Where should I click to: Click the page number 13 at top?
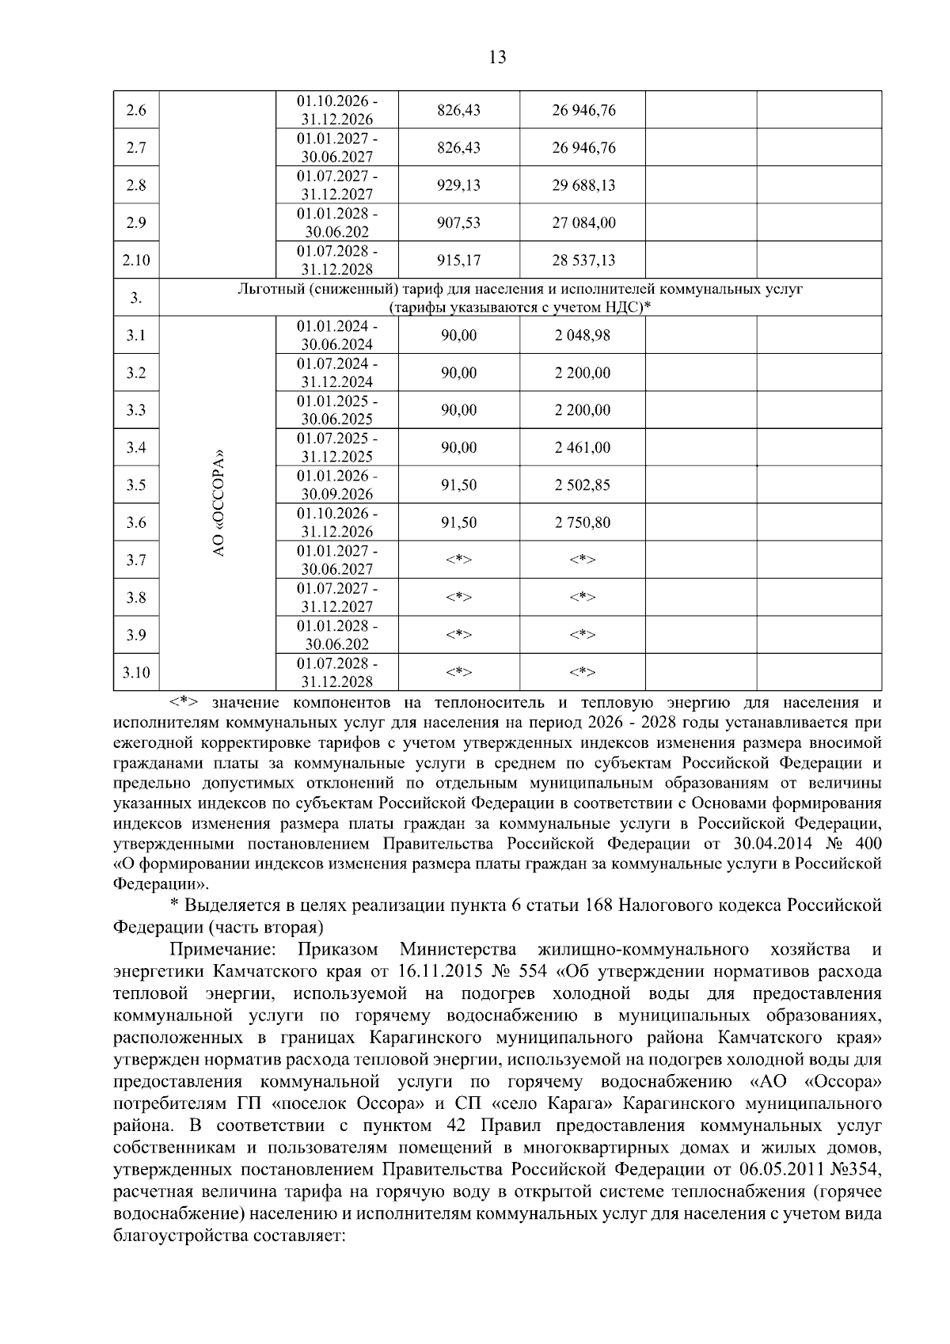[498, 57]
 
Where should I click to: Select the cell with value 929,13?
[458, 185]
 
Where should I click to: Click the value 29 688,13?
[583, 185]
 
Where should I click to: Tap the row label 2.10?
[136, 260]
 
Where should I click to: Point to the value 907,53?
[458, 223]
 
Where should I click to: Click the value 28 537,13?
[583, 260]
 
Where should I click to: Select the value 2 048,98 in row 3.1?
[583, 336]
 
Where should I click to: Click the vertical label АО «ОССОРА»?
[219, 503]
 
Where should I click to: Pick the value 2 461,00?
[583, 448]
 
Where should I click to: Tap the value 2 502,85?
[583, 485]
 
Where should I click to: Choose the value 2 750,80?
[583, 522]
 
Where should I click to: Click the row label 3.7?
[136, 560]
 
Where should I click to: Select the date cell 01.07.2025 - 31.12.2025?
[337, 447]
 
